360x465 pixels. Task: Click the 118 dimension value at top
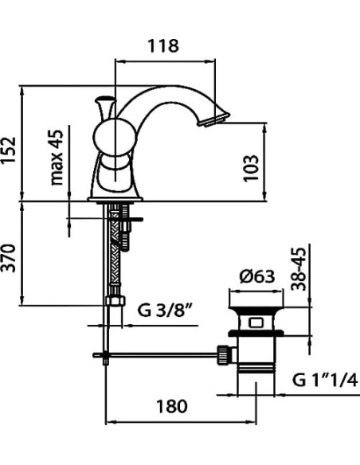163,46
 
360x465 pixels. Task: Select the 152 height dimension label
8,150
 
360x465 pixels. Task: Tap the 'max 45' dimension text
57,158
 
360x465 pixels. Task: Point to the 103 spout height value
251,167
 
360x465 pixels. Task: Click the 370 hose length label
8,258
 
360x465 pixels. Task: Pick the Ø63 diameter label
256,276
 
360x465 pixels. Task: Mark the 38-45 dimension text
298,269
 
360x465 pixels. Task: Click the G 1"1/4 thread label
325,379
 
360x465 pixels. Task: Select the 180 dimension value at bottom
172,406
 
